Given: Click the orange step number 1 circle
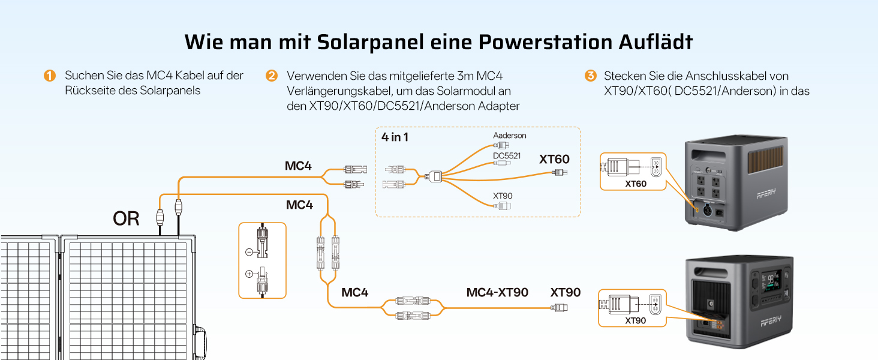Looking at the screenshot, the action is tap(49, 75).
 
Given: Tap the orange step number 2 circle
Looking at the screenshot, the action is tap(271, 75).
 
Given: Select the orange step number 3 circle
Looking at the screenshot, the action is tap(590, 75).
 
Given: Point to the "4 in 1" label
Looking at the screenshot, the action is tap(395, 137).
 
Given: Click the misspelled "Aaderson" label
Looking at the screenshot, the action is tap(510, 135).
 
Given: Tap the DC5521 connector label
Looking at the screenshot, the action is tap(507, 155).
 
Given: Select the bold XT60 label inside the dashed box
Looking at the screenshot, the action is tap(554, 159).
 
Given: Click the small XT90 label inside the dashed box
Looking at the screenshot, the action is tap(503, 196).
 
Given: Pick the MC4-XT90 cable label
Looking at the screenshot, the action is tap(497, 292).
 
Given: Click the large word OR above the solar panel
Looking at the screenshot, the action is tap(126, 218).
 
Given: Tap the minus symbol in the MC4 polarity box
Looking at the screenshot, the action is tap(249, 252).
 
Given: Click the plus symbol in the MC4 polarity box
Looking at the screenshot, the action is tap(249, 274).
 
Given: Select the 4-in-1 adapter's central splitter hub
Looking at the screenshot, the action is tap(435, 176).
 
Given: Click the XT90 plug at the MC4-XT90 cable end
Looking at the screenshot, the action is tap(560, 307).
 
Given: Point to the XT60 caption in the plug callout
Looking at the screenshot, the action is tap(635, 184).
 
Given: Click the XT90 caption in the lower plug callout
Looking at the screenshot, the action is tap(635, 320).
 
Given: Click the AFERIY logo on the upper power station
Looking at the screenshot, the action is tap(766, 193).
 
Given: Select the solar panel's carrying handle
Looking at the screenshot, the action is tap(200, 342).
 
